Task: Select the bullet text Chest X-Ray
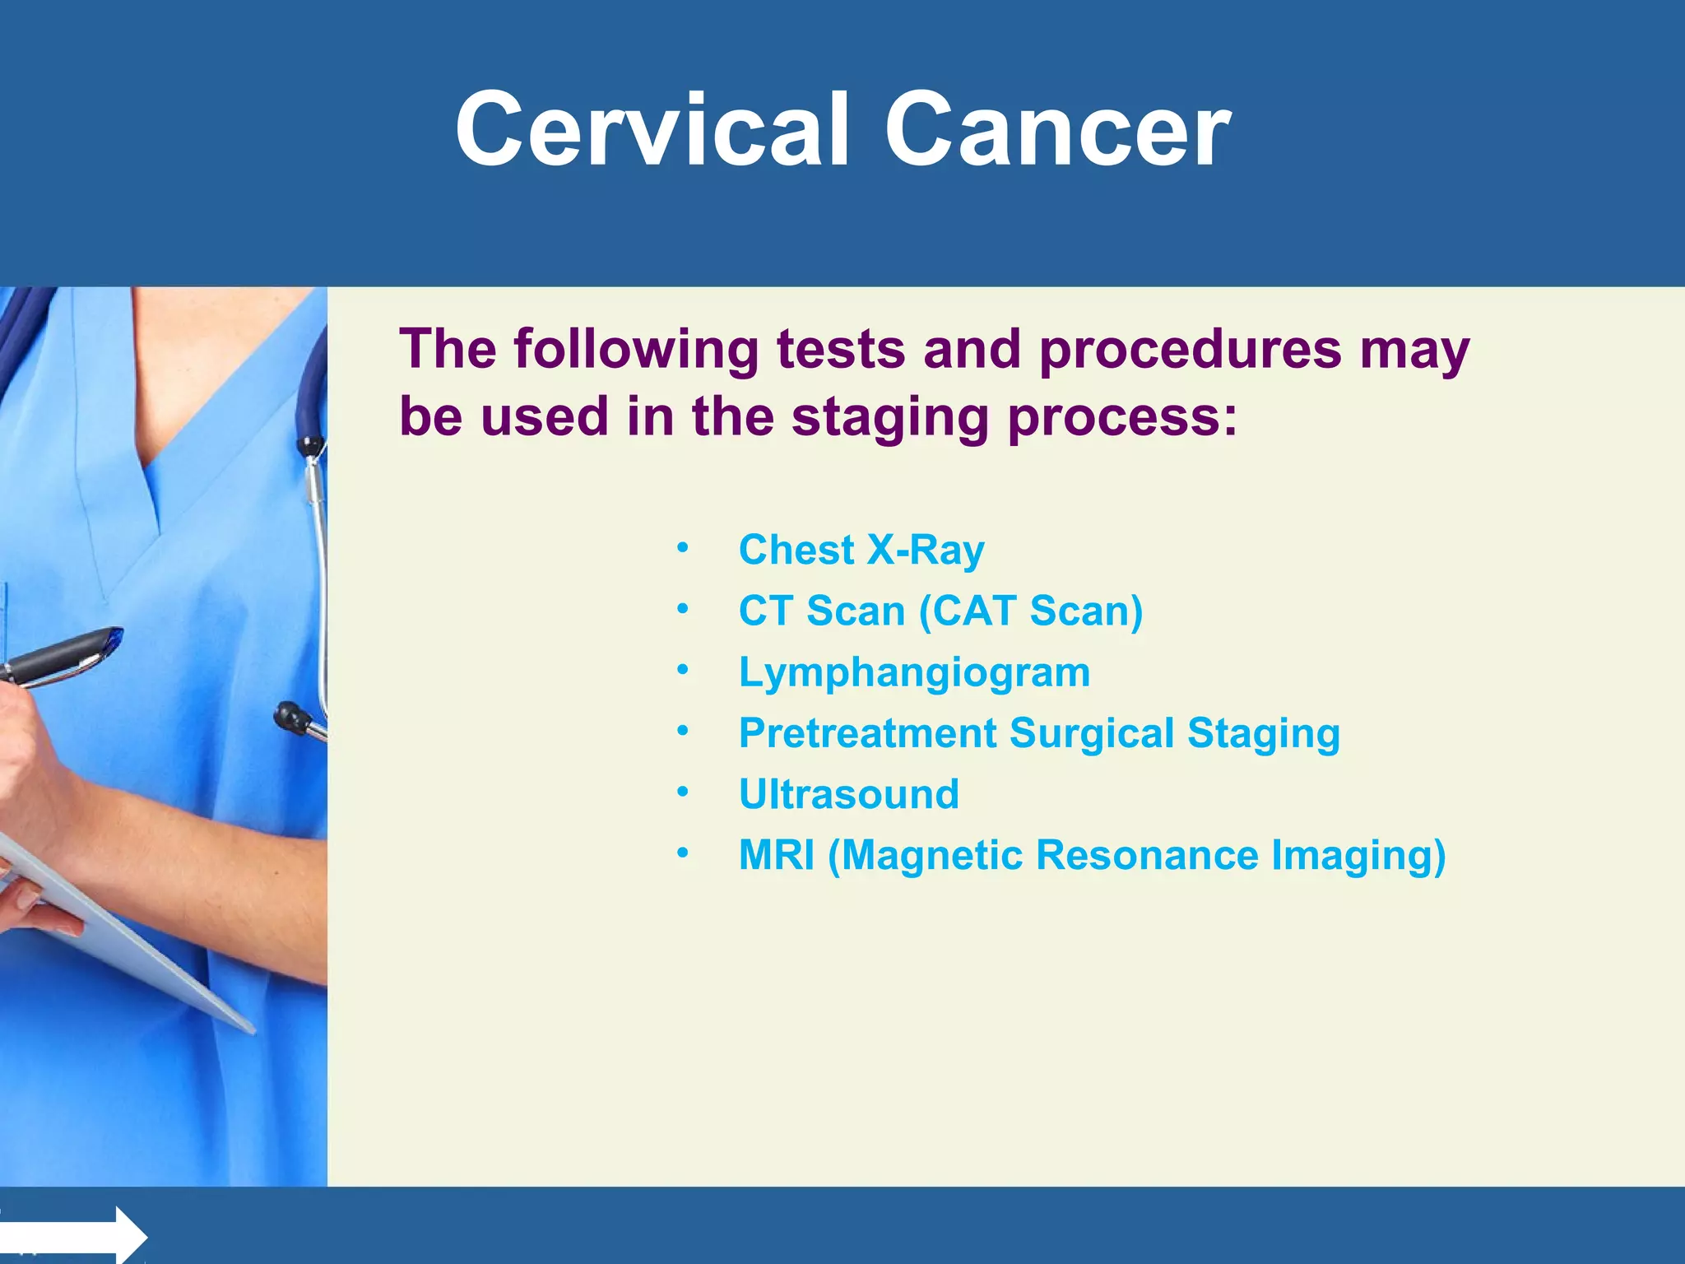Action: coord(861,550)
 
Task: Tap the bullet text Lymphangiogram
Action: coord(914,672)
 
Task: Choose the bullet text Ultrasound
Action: coord(848,794)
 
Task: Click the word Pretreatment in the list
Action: coord(867,733)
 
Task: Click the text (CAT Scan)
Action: coord(1030,611)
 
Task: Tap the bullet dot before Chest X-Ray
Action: coord(682,548)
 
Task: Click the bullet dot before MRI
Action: coord(682,854)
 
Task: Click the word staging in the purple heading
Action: coord(889,417)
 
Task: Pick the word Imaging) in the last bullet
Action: coord(1358,855)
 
